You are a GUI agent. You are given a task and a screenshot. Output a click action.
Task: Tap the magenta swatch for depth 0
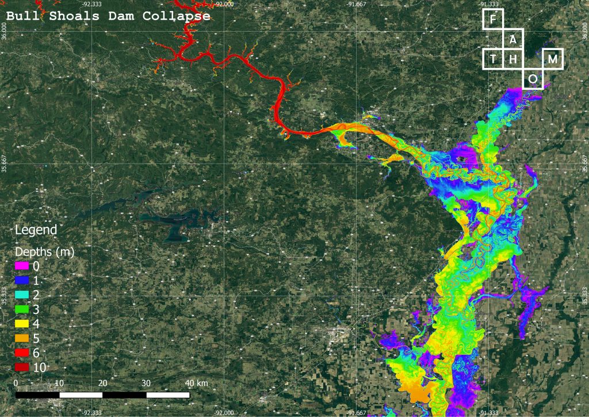21,266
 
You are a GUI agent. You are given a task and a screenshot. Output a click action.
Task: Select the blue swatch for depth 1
21,280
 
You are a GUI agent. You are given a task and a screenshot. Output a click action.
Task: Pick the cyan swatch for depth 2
21,295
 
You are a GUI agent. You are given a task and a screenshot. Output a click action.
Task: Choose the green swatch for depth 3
21,309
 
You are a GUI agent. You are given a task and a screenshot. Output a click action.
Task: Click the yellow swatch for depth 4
21,324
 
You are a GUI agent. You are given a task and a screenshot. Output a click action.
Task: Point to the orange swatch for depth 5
21,338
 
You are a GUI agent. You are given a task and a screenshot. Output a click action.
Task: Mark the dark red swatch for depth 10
21,367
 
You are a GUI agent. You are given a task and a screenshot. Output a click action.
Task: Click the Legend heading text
36,230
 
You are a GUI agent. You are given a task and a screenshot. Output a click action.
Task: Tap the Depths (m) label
44,252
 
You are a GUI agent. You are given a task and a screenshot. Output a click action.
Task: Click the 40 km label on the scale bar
197,383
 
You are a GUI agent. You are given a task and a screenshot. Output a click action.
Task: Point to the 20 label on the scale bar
103,383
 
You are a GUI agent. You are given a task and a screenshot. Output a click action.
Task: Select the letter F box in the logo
492,20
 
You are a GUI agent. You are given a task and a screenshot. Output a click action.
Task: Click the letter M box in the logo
553,59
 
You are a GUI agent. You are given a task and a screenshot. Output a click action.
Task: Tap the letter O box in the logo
533,79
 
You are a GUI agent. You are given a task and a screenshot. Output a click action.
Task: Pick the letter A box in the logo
512,39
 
